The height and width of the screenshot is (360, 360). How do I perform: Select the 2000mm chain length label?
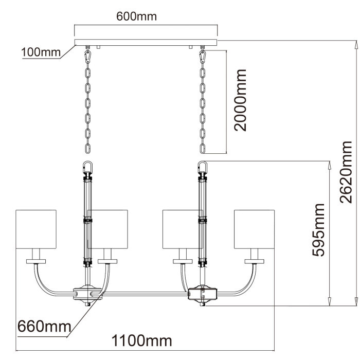point(240,101)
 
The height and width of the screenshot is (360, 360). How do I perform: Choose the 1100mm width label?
point(141,341)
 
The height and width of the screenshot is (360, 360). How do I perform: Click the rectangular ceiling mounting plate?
point(147,42)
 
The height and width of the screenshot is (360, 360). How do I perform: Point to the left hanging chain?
point(88,100)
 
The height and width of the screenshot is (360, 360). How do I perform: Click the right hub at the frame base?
point(202,294)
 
